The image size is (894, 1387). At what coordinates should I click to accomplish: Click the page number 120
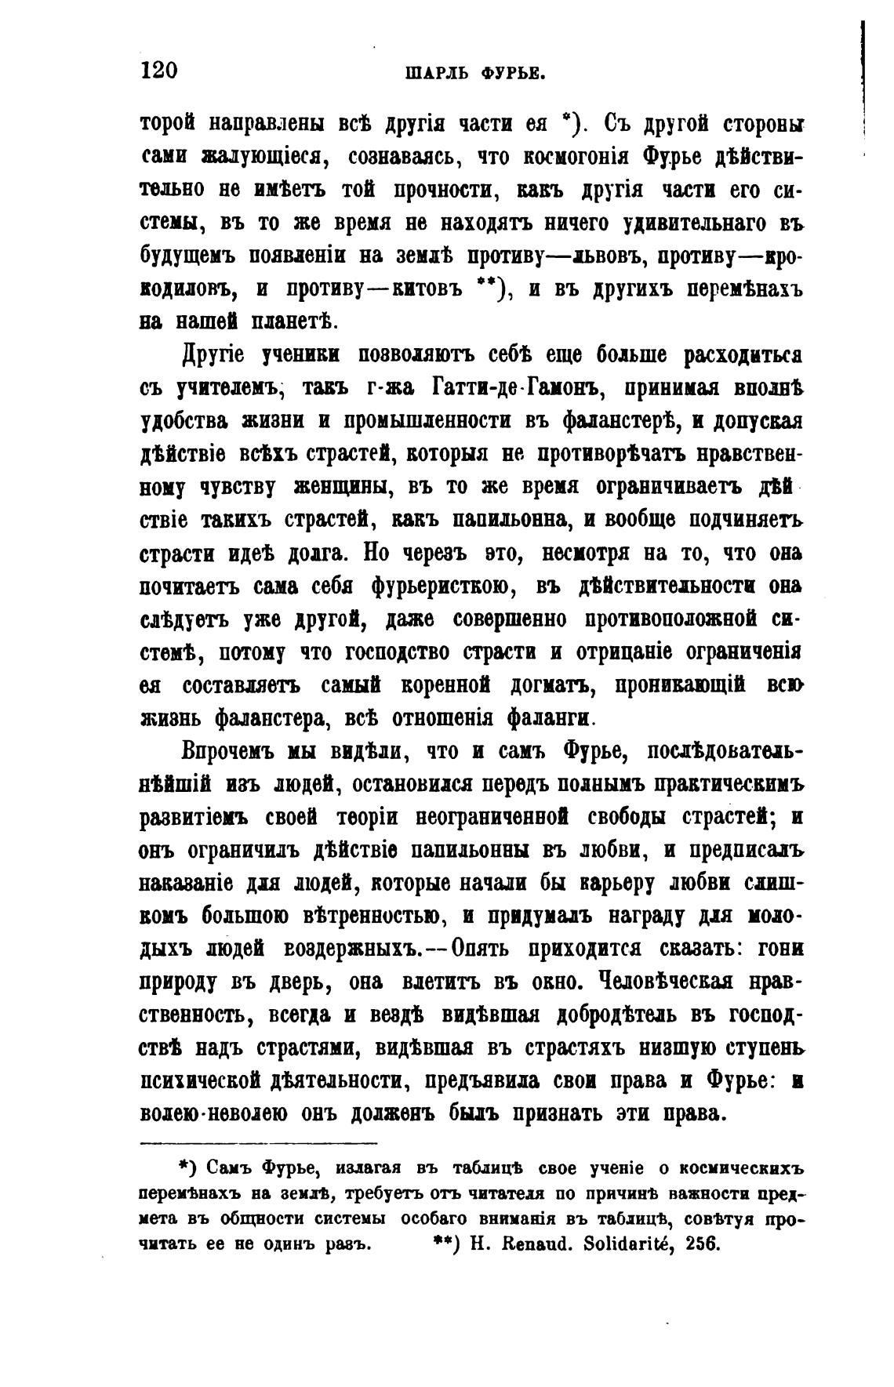160,70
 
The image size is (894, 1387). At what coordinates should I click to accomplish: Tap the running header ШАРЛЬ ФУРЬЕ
475,74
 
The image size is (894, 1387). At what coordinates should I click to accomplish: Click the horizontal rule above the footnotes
258,1142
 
